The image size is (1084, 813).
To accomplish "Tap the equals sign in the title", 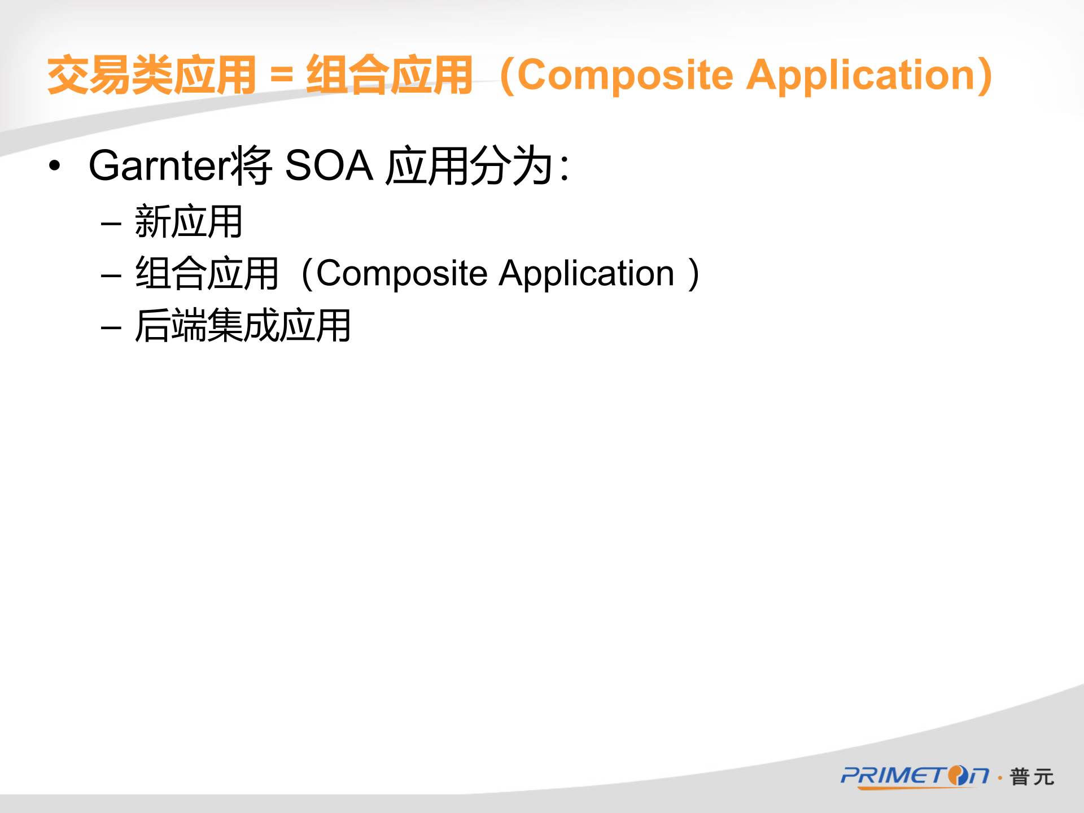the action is pyautogui.click(x=282, y=76).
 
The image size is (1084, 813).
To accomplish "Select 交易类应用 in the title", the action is pyautogui.click(x=152, y=75).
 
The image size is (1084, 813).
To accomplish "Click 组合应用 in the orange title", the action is pyautogui.click(x=390, y=75).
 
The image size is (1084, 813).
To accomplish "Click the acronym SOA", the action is pyautogui.click(x=329, y=165).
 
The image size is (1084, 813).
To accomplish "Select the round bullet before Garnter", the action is pyautogui.click(x=54, y=165).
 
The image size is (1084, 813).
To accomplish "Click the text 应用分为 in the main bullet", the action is pyautogui.click(x=469, y=166).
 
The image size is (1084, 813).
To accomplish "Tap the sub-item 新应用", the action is pyautogui.click(x=189, y=221).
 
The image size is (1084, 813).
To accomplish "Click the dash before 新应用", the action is pyautogui.click(x=111, y=224).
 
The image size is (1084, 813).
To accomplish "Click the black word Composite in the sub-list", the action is pyautogui.click(x=402, y=274).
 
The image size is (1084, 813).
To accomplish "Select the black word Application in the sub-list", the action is pyautogui.click(x=587, y=274).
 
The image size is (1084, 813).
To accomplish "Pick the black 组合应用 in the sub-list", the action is pyautogui.click(x=207, y=273).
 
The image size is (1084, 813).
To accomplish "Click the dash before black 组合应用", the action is pyautogui.click(x=111, y=276).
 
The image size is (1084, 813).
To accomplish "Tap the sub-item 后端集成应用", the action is pyautogui.click(x=243, y=325).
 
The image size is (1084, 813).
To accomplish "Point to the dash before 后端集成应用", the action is pyautogui.click(x=111, y=328).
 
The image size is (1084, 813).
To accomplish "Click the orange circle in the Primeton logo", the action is pyautogui.click(x=958, y=776).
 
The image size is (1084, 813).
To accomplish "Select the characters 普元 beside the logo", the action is pyautogui.click(x=1031, y=777).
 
